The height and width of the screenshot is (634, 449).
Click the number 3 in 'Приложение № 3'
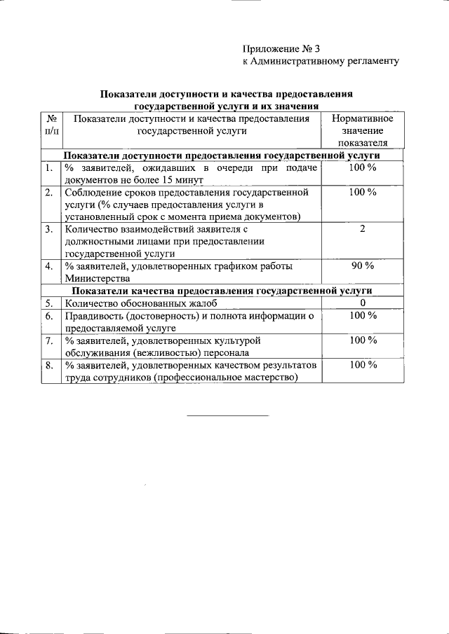(316, 48)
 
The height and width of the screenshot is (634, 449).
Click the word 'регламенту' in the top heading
(369, 61)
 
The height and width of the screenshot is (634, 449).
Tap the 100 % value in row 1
(363, 168)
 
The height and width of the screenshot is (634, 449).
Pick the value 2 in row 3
(363, 228)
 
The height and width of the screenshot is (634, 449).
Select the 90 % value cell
(363, 266)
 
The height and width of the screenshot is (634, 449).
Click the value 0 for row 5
(363, 303)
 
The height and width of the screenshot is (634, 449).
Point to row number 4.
(49, 266)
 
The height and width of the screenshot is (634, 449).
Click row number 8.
(49, 365)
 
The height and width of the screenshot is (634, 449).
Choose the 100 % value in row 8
(363, 365)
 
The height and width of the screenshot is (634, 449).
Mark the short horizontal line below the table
(227, 416)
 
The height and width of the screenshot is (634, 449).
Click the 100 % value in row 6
(363, 315)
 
